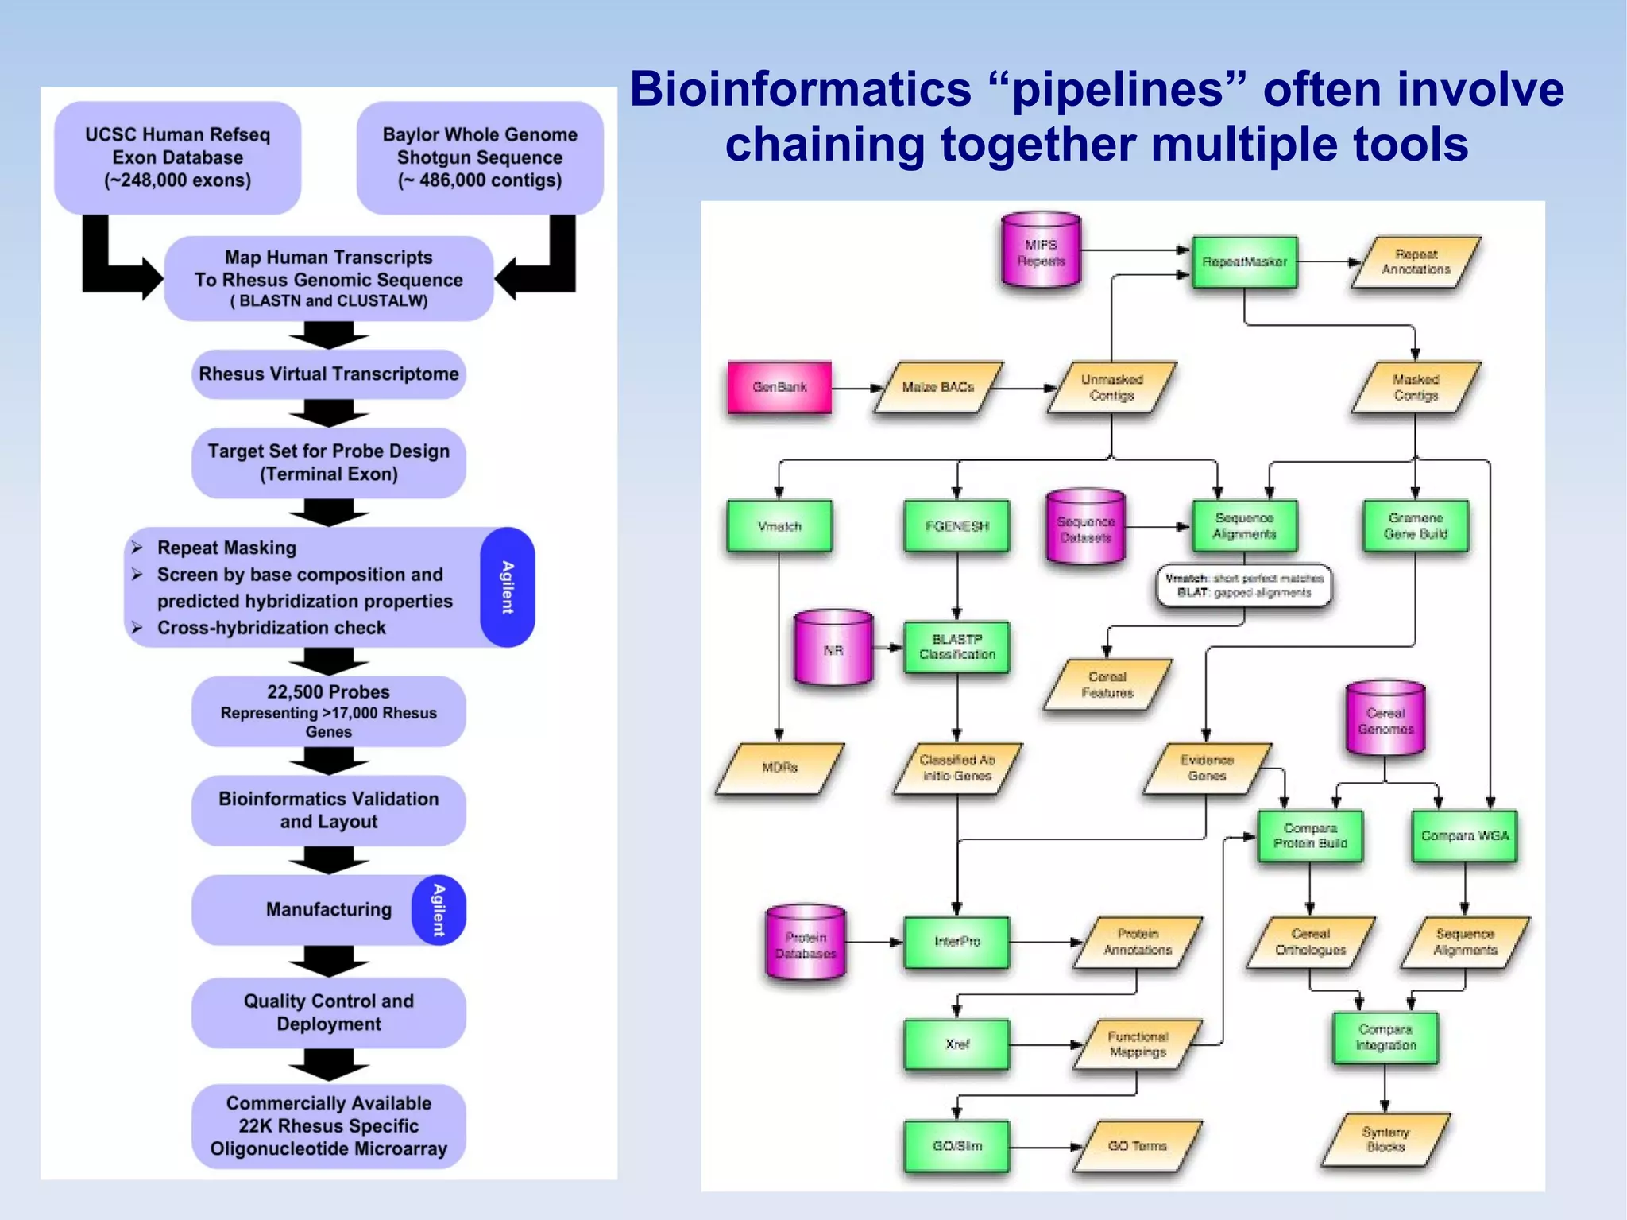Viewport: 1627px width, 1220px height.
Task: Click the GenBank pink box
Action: (x=779, y=387)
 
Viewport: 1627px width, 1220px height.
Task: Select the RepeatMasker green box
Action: (x=1244, y=261)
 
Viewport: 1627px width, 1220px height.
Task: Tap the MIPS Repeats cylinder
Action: (x=1041, y=250)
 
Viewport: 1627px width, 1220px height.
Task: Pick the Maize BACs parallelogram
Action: (x=938, y=387)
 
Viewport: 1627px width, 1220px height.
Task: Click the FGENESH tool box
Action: (x=956, y=525)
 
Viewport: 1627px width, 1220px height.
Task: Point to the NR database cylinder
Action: (x=833, y=649)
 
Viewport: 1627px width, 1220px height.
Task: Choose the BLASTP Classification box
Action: (x=956, y=647)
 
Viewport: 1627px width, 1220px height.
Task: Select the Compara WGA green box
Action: (x=1464, y=835)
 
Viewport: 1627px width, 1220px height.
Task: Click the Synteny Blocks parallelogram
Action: (x=1385, y=1139)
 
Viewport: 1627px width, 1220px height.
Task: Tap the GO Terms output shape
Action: (x=1137, y=1145)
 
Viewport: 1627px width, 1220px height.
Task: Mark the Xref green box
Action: (x=956, y=1044)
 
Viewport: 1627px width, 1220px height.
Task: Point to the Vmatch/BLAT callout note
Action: (x=1244, y=586)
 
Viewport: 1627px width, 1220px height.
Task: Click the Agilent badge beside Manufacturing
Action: (x=439, y=910)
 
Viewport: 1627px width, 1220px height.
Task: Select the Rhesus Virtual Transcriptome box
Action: (x=328, y=374)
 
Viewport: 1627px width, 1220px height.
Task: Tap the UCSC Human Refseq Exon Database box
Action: (x=177, y=157)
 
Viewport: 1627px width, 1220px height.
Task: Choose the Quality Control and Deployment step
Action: (x=328, y=1013)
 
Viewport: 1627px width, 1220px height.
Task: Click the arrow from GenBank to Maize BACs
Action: (x=856, y=389)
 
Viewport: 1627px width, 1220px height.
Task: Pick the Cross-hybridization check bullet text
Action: (x=271, y=628)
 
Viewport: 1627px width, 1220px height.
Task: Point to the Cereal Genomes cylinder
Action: (x=1385, y=718)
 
